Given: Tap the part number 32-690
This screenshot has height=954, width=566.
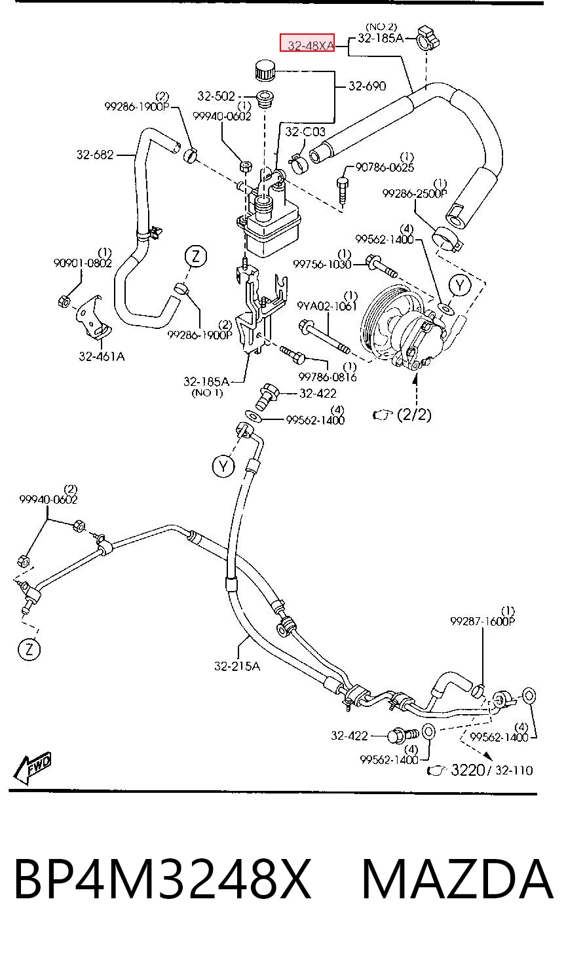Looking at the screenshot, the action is click(367, 86).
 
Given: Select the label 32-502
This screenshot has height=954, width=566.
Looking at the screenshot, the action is click(216, 96).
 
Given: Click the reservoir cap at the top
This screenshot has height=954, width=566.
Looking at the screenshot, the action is click(265, 70).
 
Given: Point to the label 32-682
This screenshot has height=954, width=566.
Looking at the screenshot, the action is click(96, 155).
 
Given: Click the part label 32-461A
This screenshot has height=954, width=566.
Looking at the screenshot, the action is click(102, 356).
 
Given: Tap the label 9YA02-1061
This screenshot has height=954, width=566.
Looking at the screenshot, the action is click(327, 306).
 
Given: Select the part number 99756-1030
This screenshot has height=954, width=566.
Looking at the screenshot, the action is click(322, 265).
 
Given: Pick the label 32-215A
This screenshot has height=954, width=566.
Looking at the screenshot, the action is click(236, 666).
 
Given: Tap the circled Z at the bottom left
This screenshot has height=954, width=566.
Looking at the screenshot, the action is click(29, 649).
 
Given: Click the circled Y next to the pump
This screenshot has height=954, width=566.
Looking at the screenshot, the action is click(460, 286).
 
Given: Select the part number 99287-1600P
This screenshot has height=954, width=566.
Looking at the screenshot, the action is click(483, 621).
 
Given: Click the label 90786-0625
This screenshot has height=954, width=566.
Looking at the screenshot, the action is click(385, 167).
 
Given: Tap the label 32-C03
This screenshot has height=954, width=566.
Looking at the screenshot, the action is click(305, 132).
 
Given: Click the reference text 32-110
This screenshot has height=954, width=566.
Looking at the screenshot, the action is click(514, 770).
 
